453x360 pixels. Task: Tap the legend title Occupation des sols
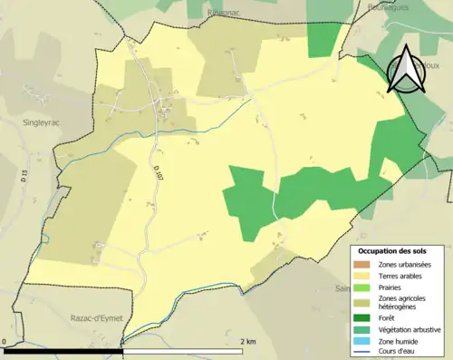click(x=399, y=250)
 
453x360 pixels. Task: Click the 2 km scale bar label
click(x=247, y=341)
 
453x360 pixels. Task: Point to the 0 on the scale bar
click(x=5, y=341)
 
